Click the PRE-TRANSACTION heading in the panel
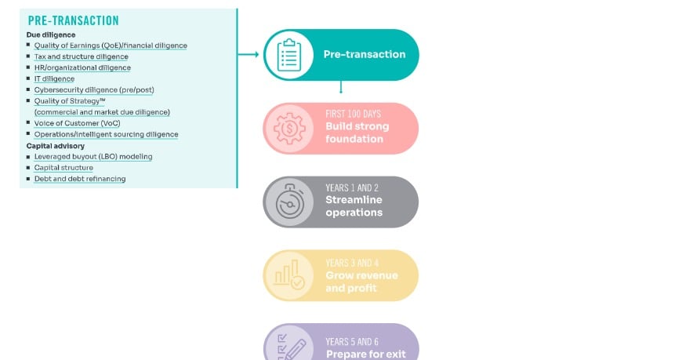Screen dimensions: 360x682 (73, 21)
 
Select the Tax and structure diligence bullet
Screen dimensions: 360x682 (81, 56)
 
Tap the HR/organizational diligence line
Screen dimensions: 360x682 (82, 67)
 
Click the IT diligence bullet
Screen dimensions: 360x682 (54, 78)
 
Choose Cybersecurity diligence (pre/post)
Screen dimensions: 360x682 (93, 89)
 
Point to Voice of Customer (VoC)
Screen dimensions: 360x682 (77, 123)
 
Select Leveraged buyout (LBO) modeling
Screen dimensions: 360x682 (93, 157)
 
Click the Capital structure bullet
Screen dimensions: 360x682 (63, 168)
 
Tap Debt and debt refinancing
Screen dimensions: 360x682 (79, 179)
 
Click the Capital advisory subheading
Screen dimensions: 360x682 (55, 146)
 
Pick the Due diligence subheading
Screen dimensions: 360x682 (51, 35)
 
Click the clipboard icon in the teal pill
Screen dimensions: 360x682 (289, 54)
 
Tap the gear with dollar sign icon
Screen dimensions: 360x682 (289, 128)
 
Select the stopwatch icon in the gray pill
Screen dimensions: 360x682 (289, 202)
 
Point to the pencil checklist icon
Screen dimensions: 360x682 (289, 346)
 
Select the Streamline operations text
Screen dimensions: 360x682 (354, 206)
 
